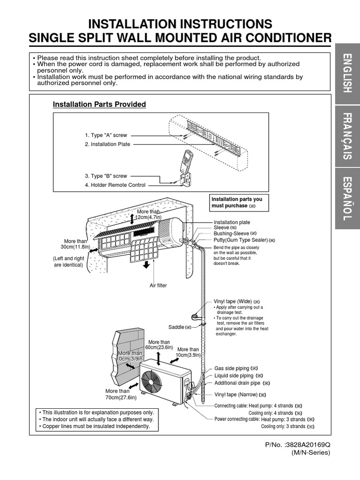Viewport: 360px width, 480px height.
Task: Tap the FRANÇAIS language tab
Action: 347,135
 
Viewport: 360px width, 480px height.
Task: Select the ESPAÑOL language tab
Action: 347,199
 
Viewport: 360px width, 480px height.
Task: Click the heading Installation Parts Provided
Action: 99,105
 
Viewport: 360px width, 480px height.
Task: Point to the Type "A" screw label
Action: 106,135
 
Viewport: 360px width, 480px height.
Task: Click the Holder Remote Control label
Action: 115,185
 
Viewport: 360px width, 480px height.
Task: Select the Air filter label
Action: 158,285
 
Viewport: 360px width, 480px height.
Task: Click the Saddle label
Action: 178,327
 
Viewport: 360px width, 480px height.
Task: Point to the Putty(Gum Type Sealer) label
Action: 240,240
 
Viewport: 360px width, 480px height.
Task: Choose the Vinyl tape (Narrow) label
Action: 236,395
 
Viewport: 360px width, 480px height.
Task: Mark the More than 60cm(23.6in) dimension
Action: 159,345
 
